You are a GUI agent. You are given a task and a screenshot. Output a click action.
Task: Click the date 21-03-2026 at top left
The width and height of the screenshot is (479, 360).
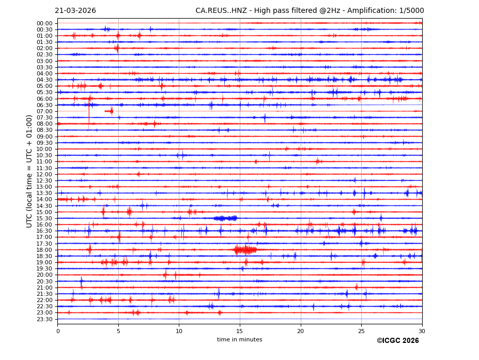(75, 11)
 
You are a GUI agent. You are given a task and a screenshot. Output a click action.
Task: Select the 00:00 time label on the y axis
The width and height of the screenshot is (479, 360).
(44, 23)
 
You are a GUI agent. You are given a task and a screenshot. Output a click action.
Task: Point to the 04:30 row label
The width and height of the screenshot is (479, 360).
(44, 80)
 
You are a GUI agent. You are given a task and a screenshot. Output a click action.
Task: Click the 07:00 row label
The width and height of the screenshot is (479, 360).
(44, 111)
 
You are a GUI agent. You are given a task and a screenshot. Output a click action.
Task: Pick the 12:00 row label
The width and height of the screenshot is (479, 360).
(44, 174)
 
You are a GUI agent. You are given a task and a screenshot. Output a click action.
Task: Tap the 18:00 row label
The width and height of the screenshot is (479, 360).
(44, 250)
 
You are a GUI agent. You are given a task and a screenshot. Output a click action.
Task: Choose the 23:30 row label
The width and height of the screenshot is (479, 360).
(44, 319)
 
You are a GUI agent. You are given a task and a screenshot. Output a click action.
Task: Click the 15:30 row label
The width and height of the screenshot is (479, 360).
(44, 218)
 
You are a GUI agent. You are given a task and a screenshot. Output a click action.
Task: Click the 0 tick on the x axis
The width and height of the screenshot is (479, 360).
(58, 331)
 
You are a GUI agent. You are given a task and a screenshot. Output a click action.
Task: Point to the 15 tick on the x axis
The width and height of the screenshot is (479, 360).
(240, 331)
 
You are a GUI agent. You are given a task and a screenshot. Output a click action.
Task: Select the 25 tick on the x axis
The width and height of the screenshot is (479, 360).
(361, 331)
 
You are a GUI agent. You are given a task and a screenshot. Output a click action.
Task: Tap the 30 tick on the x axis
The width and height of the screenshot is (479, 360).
(422, 331)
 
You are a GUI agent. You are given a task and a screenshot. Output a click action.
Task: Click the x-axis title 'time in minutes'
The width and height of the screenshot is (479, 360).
(240, 340)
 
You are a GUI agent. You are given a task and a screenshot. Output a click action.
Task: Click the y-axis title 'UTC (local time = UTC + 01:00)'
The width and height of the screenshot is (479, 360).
(30, 171)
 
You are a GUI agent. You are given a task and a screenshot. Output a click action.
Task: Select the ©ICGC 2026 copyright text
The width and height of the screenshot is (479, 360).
(397, 341)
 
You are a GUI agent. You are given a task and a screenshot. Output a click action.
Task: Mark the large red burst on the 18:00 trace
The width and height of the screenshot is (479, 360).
(245, 250)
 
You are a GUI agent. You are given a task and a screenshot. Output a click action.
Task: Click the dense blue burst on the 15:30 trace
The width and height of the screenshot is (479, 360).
(226, 218)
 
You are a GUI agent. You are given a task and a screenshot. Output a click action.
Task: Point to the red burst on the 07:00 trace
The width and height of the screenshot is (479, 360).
(110, 111)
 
